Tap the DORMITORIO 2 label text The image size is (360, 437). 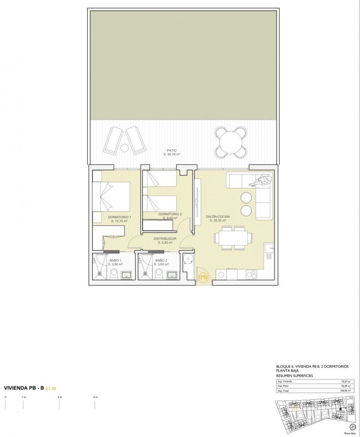coord(170,214)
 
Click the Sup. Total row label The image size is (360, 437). coord(284,391)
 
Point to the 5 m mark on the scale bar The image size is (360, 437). coord(95,397)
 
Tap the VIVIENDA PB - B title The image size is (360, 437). coord(23,387)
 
